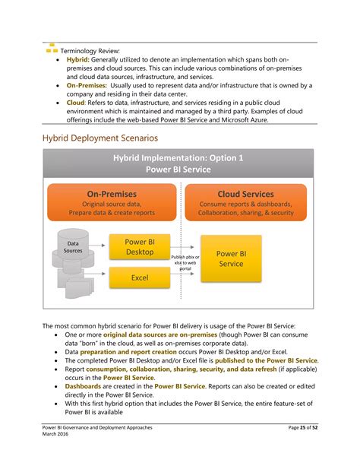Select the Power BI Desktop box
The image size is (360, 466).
click(139, 246)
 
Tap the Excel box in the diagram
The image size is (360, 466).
click(139, 277)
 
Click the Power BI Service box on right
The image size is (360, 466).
click(230, 258)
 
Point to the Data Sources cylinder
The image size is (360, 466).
click(73, 246)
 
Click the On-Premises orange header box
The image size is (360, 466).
click(111, 203)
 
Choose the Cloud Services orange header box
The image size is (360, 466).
click(245, 203)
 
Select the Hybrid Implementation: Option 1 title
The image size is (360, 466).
click(178, 163)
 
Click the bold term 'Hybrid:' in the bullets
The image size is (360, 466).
click(78, 59)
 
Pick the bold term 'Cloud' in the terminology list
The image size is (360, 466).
click(75, 103)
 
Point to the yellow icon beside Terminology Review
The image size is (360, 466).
click(51, 48)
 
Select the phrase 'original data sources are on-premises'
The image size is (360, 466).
click(160, 334)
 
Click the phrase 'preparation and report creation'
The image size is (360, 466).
click(134, 352)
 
